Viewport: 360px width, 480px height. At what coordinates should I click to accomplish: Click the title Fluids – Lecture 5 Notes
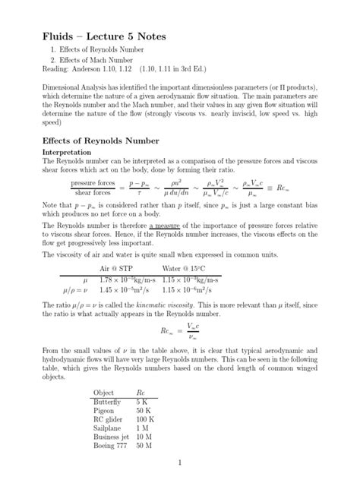click(103, 38)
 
